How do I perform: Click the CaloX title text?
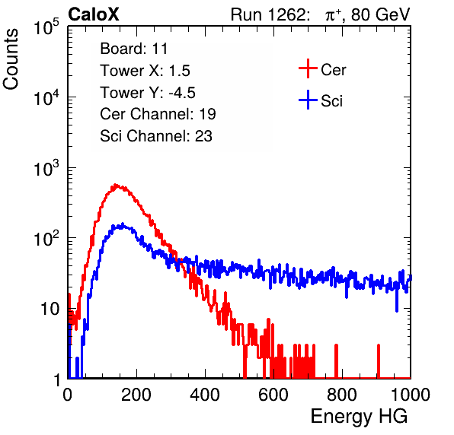tap(93, 14)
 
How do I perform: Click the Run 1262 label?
tap(268, 14)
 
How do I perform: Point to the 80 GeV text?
tap(380, 14)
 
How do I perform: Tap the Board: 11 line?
tap(134, 49)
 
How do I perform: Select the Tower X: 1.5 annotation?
tap(145, 71)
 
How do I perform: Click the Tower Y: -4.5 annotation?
tap(148, 93)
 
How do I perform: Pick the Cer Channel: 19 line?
tap(158, 114)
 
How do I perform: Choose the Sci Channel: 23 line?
tap(156, 136)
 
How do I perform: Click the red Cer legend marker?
tap(308, 68)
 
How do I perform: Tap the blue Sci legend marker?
tap(308, 100)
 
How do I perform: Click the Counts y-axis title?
tap(11, 59)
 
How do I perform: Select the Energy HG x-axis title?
tap(359, 417)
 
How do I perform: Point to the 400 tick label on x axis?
tap(205, 395)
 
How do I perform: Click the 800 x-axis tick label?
tap(342, 395)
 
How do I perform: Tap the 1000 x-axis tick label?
tap(411, 395)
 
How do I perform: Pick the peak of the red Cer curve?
tap(116, 184)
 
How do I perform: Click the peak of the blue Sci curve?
tap(123, 224)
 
